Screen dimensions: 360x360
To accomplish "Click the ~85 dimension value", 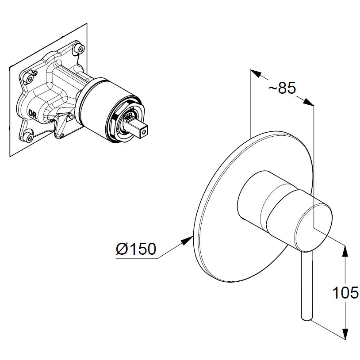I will coord(282,88).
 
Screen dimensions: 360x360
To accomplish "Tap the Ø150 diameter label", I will coord(136,249).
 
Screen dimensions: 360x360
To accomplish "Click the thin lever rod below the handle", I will coord(307,283).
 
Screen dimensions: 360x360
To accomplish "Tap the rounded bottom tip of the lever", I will coord(306,316).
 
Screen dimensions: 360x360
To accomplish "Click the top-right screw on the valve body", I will coord(80,48).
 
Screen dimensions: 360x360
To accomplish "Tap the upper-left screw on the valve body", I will coord(30,78).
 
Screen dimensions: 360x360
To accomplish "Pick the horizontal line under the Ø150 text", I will coord(137,259).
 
